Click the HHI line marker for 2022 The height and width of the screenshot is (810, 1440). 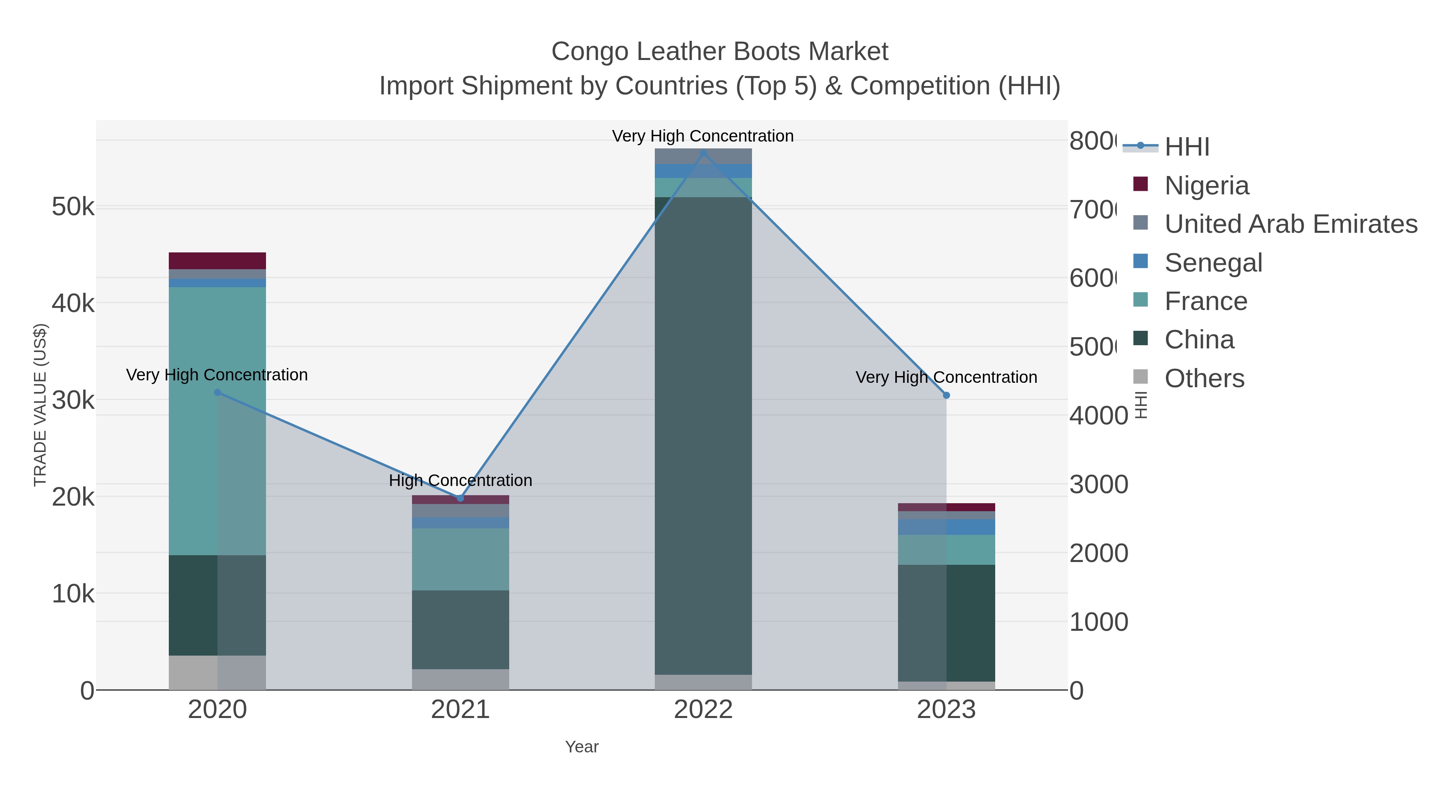(x=703, y=153)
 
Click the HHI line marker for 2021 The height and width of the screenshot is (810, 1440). (x=461, y=498)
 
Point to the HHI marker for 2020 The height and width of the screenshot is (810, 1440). (x=218, y=392)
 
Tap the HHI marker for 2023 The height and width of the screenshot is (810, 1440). (x=946, y=395)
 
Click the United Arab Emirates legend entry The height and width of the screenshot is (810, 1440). (x=1290, y=224)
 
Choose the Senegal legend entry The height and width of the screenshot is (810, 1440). (x=1213, y=263)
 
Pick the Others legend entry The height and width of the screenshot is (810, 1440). (x=1204, y=378)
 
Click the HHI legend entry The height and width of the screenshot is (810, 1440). (x=1186, y=147)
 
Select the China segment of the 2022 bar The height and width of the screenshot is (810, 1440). (x=703, y=436)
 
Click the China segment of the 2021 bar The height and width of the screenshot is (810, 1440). (x=461, y=630)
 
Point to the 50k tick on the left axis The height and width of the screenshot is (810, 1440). (x=73, y=207)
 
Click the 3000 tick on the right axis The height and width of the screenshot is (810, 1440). (x=1098, y=485)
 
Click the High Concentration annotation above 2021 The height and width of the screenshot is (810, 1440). (x=461, y=481)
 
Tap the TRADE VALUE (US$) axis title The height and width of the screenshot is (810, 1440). (x=40, y=405)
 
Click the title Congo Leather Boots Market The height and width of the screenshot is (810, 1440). (x=720, y=52)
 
